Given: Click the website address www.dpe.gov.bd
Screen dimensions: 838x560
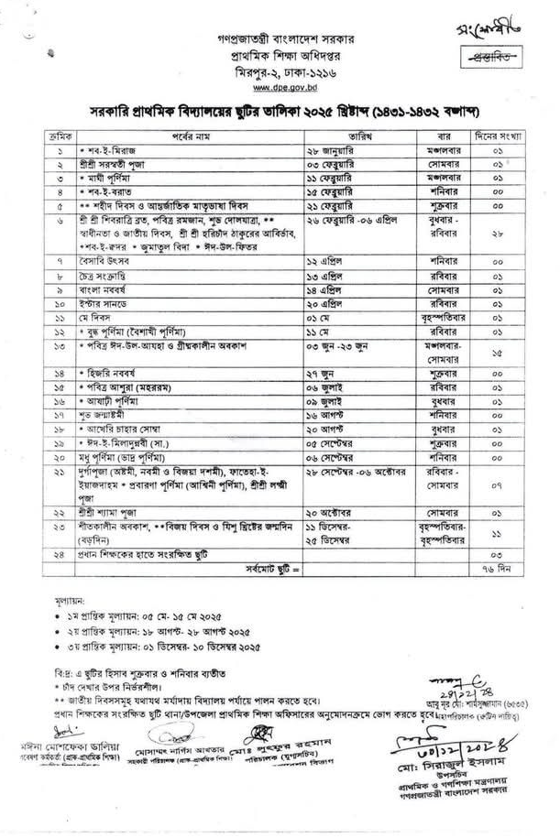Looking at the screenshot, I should pos(280,87).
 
